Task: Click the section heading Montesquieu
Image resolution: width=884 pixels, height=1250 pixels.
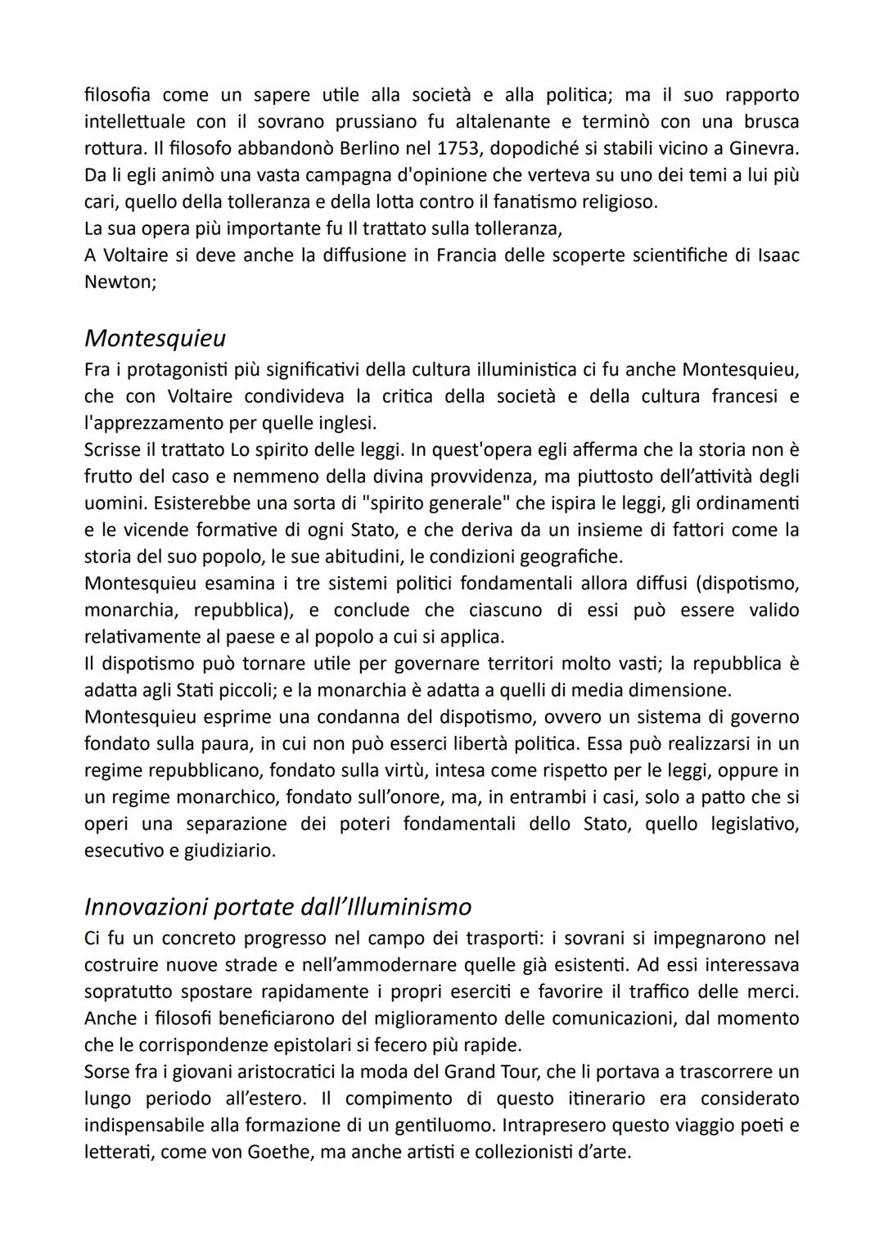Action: click(155, 338)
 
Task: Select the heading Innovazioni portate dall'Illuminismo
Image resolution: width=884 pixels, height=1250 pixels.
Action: click(277, 907)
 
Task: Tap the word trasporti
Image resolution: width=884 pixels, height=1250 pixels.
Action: click(459, 938)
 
